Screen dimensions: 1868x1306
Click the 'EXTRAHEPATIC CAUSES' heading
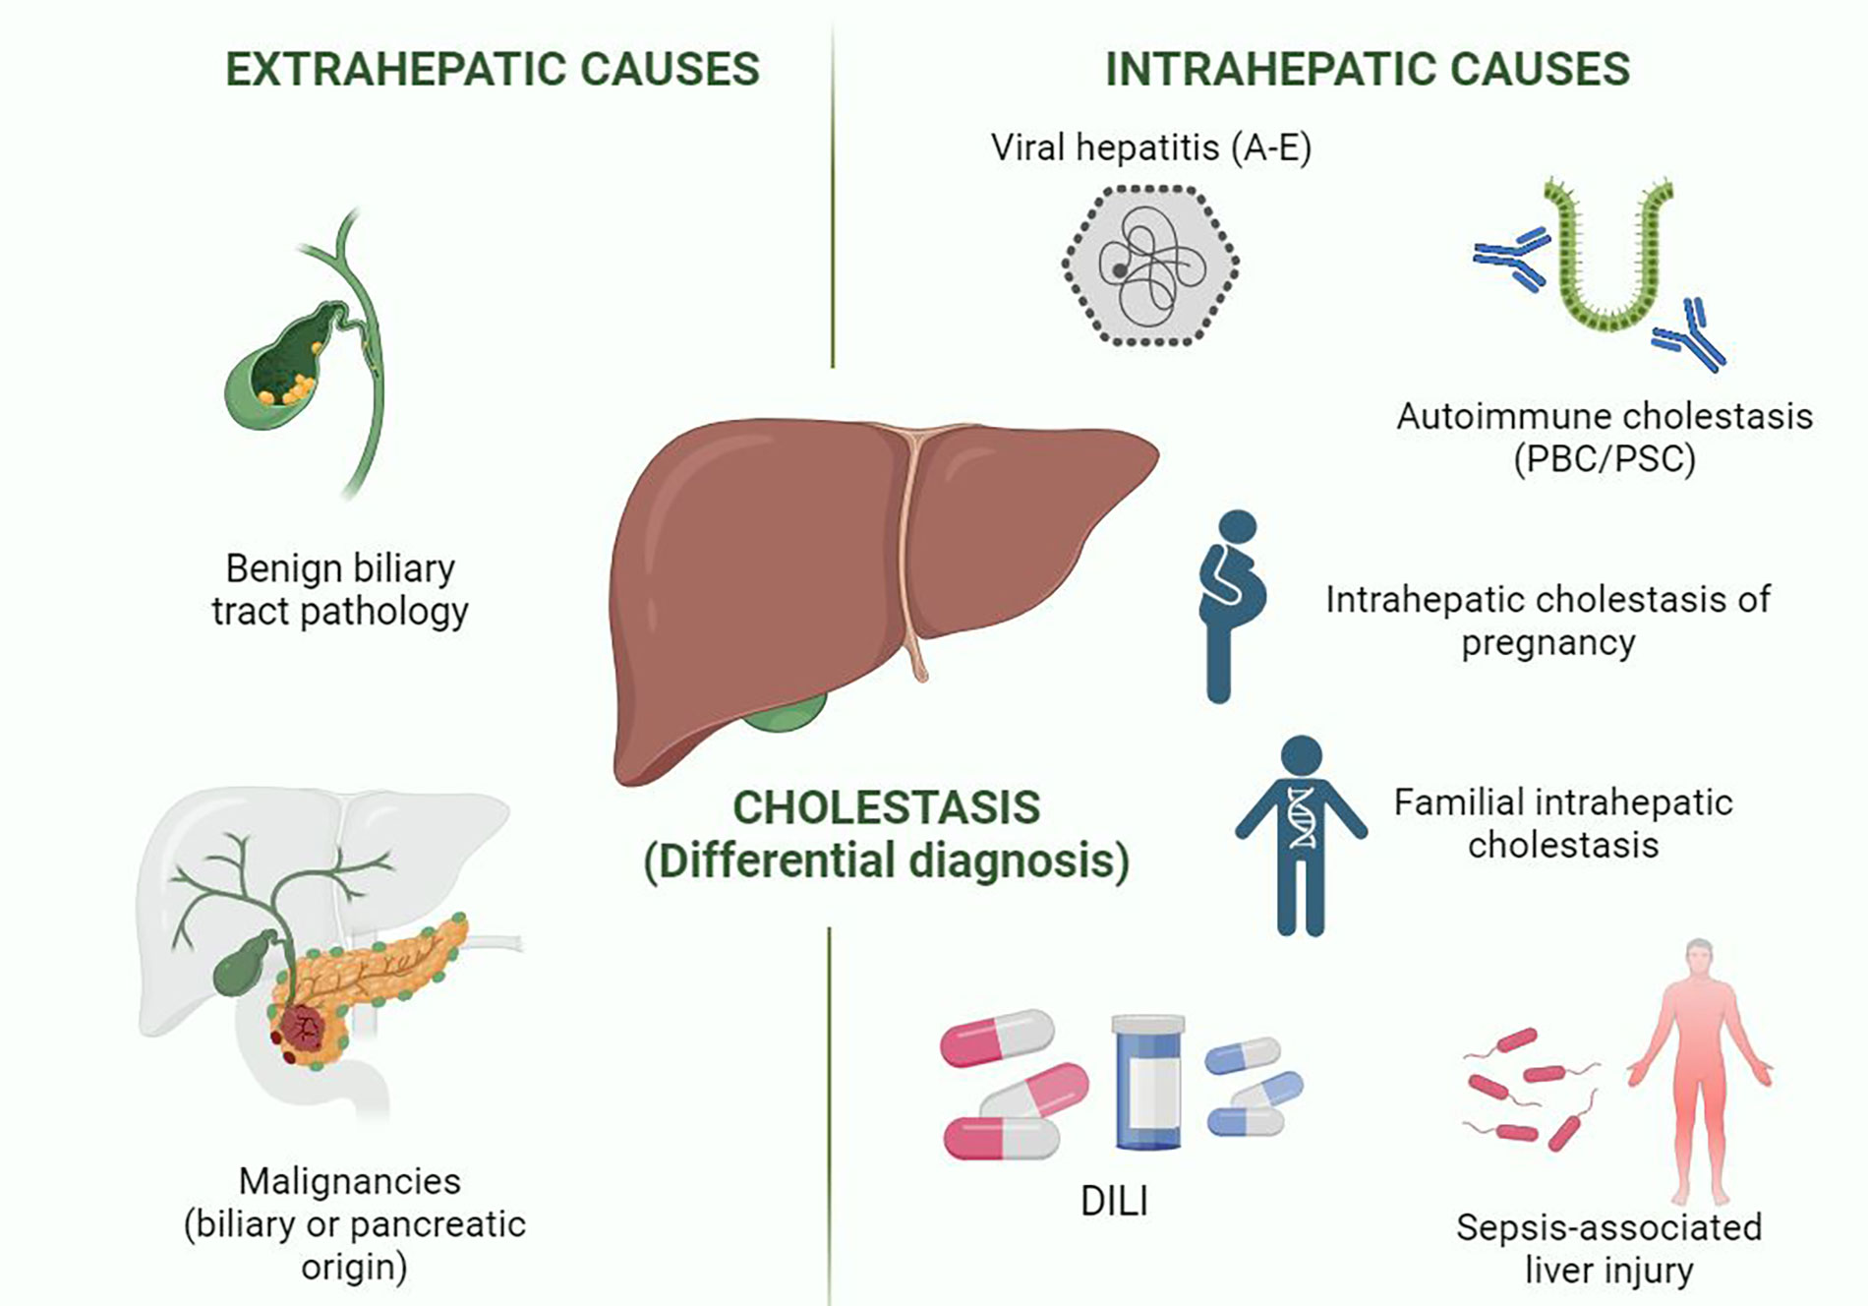[493, 70]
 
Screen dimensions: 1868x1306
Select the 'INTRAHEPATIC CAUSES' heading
[1368, 70]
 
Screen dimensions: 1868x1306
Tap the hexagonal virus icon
[1150, 266]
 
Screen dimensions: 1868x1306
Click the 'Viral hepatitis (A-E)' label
[1151, 148]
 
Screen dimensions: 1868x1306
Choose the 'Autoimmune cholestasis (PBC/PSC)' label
[1605, 438]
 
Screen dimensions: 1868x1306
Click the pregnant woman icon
[1231, 606]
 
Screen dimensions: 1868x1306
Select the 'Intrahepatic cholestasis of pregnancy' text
[1547, 621]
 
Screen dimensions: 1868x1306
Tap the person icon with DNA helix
[1301, 835]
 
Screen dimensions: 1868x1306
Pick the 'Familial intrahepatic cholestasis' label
[1563, 823]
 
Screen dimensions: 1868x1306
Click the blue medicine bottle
[1147, 1083]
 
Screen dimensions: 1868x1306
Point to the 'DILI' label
[1114, 1201]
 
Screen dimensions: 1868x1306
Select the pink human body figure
[1699, 1072]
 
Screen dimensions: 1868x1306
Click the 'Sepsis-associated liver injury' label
[1608, 1248]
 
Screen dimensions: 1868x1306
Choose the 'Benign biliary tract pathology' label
[340, 589]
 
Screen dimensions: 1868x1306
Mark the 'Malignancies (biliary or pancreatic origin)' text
[354, 1223]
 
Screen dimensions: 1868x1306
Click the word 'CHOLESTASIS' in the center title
[886, 808]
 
